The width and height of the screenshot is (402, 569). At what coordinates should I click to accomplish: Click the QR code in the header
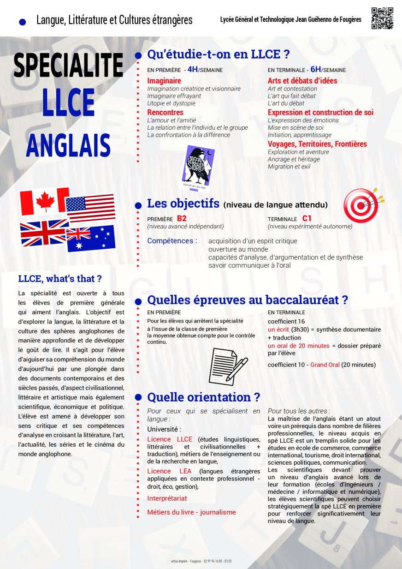pos(382,18)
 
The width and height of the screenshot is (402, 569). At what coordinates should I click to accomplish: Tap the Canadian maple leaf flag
pos(44,202)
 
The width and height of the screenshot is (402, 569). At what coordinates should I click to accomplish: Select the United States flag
pos(90,207)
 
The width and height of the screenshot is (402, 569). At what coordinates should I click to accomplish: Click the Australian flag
pos(91,238)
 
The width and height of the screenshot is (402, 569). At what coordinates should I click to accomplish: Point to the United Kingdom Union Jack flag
pos(44,233)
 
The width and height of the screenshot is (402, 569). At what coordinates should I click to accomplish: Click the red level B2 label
pos(182,219)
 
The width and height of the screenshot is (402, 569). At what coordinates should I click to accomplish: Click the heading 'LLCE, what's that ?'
pos(60,279)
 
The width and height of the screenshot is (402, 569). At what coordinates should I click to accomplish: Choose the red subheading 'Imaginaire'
pos(164,81)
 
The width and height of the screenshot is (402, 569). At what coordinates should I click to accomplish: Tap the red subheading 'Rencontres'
pos(165,113)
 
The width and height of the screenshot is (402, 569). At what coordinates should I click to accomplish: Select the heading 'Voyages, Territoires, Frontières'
pos(317,144)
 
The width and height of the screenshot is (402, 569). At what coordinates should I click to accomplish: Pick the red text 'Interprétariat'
pos(167,498)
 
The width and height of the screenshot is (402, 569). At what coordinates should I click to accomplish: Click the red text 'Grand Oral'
pos(325,365)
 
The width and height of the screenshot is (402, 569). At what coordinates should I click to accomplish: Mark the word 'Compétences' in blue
pos(172,241)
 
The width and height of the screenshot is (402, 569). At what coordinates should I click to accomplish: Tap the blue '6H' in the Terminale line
pos(316,70)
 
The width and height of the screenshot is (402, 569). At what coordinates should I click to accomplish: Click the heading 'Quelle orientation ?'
pos(203,397)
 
